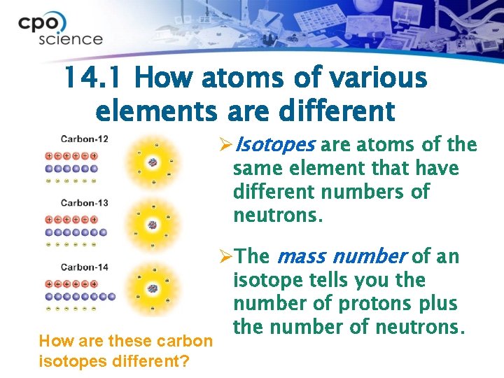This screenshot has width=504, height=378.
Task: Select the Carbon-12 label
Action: [84, 139]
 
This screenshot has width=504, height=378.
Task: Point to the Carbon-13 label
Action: [84, 203]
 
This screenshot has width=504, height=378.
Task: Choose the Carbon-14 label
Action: [84, 267]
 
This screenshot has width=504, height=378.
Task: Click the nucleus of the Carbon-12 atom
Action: [152, 162]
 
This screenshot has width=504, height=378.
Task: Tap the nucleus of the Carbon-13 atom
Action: [152, 225]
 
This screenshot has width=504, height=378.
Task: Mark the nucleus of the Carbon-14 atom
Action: [152, 288]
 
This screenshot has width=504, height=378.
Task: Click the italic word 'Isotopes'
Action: [275, 146]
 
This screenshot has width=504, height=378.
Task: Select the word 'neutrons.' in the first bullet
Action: [278, 215]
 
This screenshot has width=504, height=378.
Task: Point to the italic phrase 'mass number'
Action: [342, 257]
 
